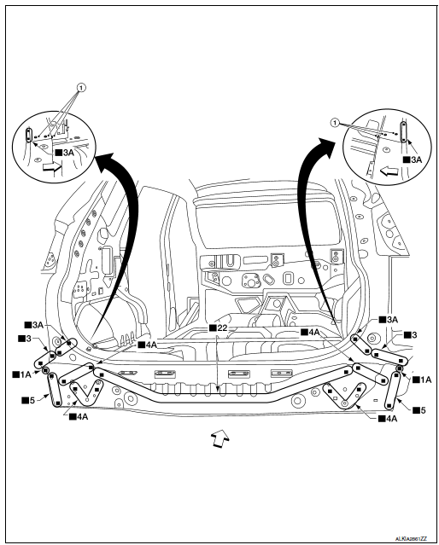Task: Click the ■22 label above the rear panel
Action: (x=218, y=328)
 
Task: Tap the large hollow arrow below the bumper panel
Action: (x=219, y=439)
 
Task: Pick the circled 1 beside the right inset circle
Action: (x=336, y=122)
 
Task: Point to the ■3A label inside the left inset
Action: (x=63, y=153)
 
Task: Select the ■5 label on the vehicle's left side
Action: (x=28, y=398)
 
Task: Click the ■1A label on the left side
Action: (x=21, y=374)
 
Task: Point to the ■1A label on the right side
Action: (x=423, y=379)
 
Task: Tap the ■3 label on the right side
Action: (x=409, y=335)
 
